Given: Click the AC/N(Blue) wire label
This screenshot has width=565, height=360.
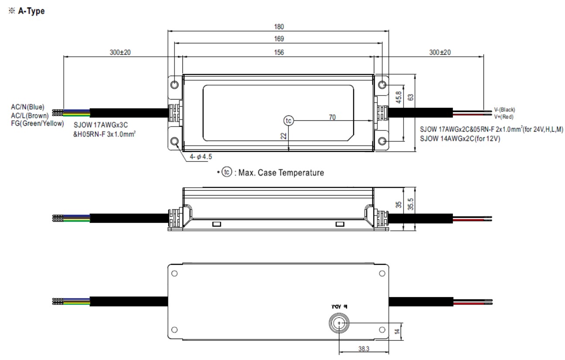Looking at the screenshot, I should pos(28,106).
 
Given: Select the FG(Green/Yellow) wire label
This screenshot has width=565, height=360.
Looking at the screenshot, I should pos(38,123).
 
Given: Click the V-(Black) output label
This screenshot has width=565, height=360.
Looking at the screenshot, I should pos(504,110).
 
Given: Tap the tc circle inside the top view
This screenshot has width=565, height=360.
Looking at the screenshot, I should pos(288,120).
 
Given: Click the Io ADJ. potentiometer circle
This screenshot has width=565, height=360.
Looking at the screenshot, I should pos(339,323).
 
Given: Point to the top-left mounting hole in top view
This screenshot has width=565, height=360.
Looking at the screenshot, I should pos(175,85).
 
